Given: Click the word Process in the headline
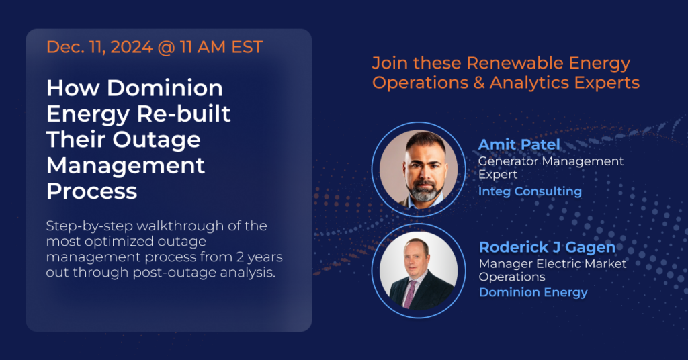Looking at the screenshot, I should (x=91, y=191).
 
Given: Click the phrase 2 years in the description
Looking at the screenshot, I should (x=259, y=257).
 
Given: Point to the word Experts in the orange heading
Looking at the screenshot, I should (x=607, y=83).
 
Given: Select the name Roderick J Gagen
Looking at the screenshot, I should (x=547, y=248).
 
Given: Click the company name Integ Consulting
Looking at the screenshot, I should (x=530, y=191).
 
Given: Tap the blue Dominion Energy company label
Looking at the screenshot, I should (x=533, y=292).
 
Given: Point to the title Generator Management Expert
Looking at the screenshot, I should (x=551, y=167).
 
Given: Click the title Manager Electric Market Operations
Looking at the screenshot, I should (x=552, y=270).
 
